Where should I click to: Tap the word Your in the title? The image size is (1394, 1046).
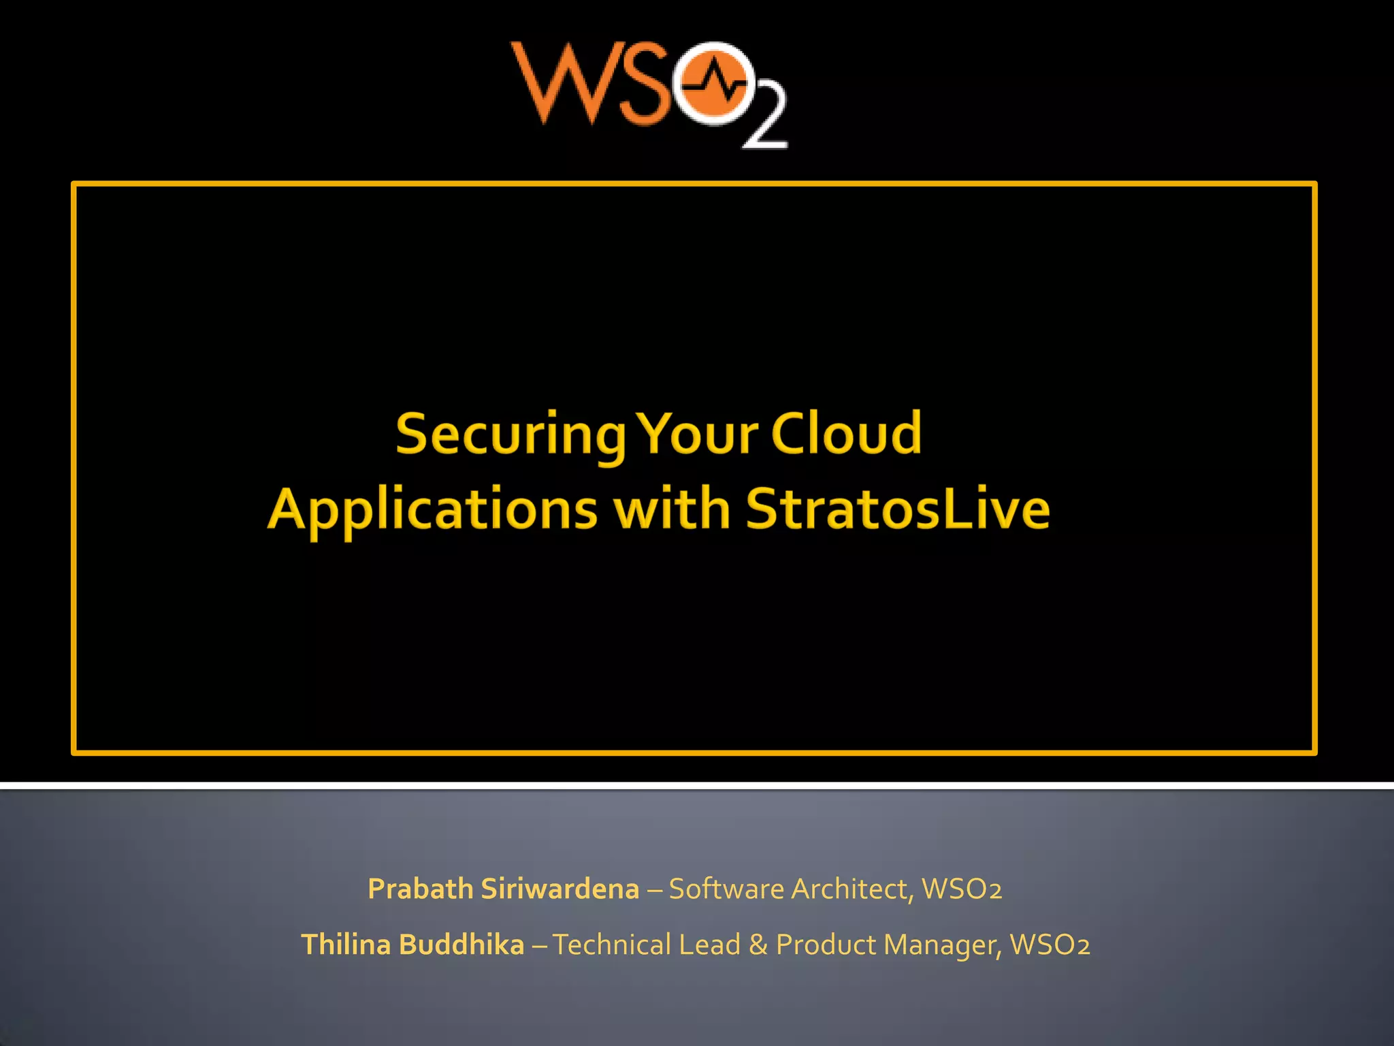coord(699,433)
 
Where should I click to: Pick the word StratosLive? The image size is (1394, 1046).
coord(898,509)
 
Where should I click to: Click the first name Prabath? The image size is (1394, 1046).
coord(420,889)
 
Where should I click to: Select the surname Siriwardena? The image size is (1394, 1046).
coord(560,889)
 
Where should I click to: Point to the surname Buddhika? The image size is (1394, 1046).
coord(461,945)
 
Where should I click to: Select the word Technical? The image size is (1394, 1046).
coord(612,945)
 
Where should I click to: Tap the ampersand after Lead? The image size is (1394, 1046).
coord(758,945)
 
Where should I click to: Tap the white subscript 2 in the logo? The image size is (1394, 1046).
coord(765,121)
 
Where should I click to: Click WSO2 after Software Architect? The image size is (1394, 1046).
coord(961,889)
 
